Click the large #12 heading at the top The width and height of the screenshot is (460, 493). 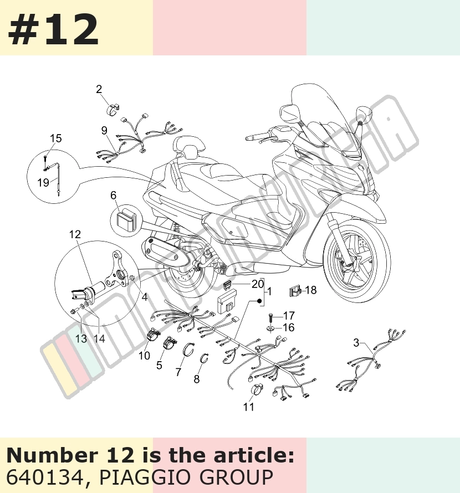click(53, 29)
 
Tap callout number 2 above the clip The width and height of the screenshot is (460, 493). click(99, 90)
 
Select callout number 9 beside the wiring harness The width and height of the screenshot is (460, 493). click(104, 131)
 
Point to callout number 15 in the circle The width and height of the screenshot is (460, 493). click(55, 138)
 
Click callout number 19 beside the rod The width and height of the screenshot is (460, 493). click(43, 182)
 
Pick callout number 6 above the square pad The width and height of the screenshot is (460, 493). click(113, 195)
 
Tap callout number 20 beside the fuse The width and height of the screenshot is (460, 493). click(258, 284)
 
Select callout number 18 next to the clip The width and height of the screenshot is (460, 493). click(310, 290)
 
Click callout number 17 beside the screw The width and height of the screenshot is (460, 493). click(289, 315)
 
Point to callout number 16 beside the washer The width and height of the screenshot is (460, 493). click(288, 327)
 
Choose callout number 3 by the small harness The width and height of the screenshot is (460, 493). click(356, 342)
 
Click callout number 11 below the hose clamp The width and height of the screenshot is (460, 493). click(248, 407)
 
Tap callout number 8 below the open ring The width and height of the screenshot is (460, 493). click(197, 379)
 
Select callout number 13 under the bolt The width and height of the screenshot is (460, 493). click(81, 338)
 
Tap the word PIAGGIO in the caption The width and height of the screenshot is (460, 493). click(146, 477)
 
